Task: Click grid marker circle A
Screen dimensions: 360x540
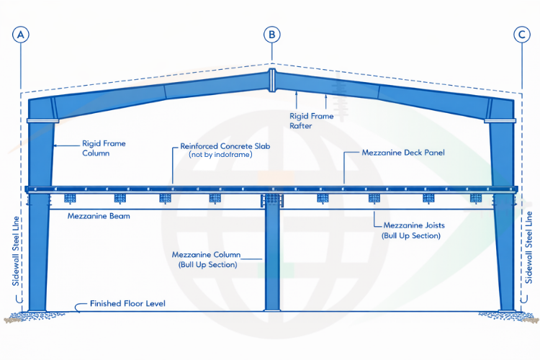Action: (x=20, y=34)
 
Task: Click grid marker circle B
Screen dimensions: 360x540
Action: (x=271, y=34)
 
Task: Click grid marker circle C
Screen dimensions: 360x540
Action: (x=521, y=34)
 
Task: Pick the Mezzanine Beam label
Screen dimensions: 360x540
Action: (x=99, y=215)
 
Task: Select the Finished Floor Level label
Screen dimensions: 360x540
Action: (x=127, y=304)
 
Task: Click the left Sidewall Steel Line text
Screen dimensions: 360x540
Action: (x=16, y=249)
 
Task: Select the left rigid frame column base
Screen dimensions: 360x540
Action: (x=37, y=311)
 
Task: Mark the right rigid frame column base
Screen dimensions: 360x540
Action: (x=505, y=311)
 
